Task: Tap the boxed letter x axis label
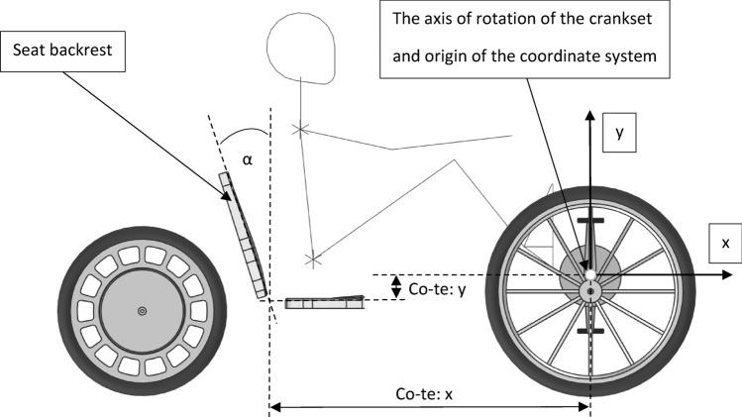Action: point(724,243)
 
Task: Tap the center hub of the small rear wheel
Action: point(142,311)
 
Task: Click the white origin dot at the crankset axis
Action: point(589,274)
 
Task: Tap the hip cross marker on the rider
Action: point(312,260)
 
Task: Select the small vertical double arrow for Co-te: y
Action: point(396,286)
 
